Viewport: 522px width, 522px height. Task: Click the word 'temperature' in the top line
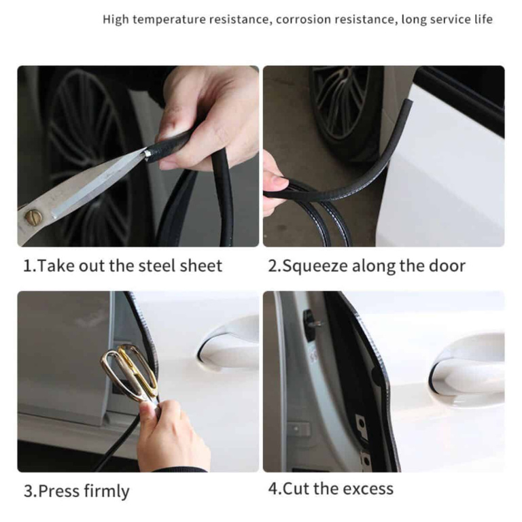click(169, 20)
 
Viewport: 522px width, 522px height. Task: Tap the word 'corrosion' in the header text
click(302, 19)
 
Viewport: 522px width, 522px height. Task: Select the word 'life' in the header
click(483, 19)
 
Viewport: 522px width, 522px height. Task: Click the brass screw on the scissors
click(33, 217)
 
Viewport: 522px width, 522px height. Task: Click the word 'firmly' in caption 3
click(107, 491)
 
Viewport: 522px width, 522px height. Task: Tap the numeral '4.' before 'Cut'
click(275, 489)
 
